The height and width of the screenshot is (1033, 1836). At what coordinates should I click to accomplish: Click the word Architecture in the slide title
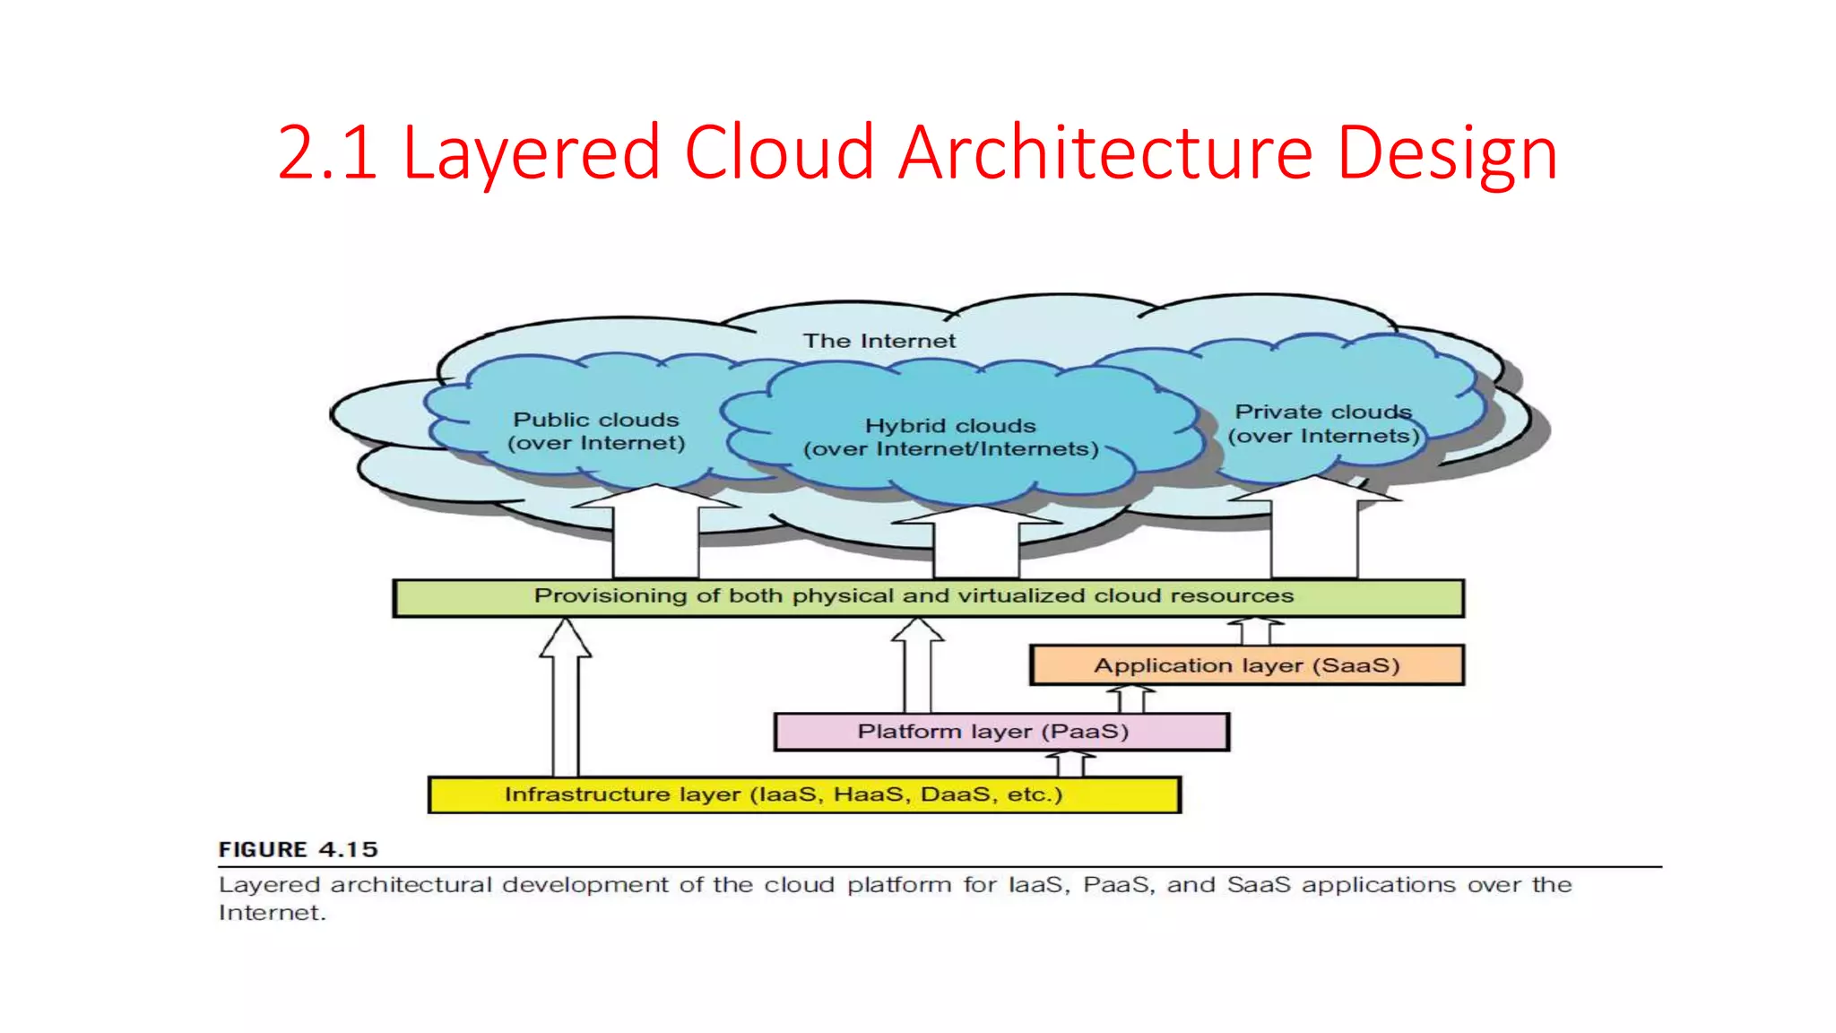coord(1104,152)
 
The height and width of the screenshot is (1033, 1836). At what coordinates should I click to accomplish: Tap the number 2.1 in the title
coord(327,152)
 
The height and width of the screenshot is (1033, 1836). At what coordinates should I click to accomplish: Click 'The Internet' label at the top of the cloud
coord(879,341)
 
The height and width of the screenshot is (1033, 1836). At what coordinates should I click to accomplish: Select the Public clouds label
coord(596,431)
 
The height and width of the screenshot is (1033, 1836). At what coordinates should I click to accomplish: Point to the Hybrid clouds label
coord(950,438)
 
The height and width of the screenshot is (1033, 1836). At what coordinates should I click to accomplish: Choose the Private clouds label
coord(1323,424)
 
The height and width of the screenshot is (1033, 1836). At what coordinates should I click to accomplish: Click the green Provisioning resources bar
coord(928,597)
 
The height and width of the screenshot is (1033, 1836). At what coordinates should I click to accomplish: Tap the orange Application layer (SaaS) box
coord(1246,665)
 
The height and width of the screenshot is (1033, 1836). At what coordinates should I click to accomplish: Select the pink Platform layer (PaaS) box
coord(1000,732)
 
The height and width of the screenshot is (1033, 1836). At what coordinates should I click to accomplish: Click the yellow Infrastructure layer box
coord(804,794)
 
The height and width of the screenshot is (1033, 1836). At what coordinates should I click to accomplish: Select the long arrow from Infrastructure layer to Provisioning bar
coord(565,699)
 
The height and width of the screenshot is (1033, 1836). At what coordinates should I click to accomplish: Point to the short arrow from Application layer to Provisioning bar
coord(1255,631)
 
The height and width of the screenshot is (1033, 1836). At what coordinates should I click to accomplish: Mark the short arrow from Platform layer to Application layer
coord(1130,699)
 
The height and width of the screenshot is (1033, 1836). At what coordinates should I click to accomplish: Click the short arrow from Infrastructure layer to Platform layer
coord(1070,764)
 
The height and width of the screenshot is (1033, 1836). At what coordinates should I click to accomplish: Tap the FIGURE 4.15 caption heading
coord(298,849)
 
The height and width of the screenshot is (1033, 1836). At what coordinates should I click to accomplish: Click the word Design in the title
coord(1447,152)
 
